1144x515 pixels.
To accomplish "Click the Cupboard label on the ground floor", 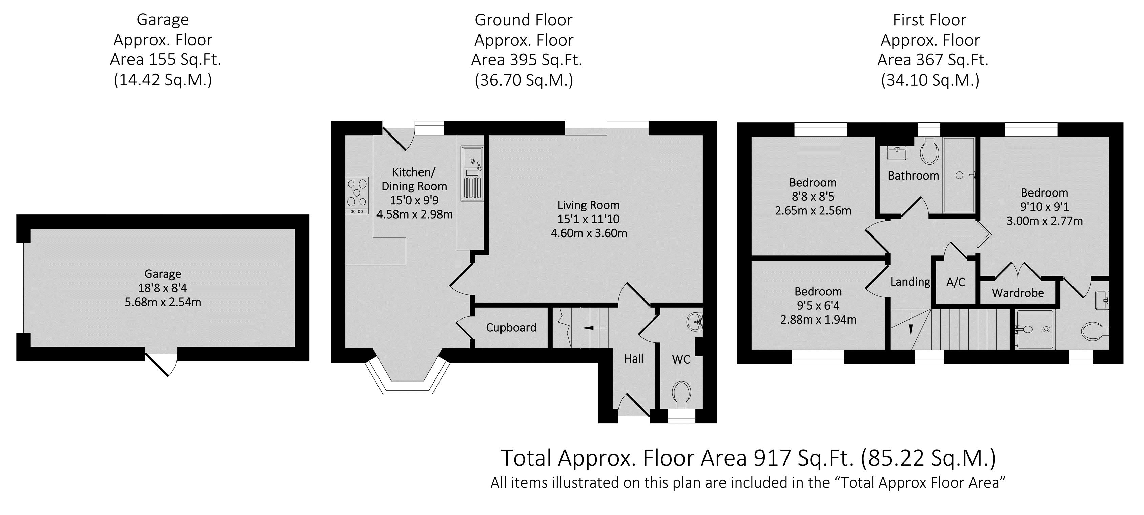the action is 511,328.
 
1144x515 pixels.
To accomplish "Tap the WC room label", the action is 681,359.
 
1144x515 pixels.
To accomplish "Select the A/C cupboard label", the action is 956,282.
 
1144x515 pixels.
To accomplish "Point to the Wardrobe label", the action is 1018,293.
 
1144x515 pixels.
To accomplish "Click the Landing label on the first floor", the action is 910,282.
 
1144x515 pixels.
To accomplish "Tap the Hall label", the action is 633,359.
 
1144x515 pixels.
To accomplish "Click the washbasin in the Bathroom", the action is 897,153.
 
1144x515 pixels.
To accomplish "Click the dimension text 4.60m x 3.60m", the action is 589,233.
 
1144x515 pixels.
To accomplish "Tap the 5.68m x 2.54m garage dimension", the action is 163,302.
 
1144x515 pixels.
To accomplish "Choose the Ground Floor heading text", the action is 524,20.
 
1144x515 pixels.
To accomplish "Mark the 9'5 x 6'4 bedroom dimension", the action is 818,306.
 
